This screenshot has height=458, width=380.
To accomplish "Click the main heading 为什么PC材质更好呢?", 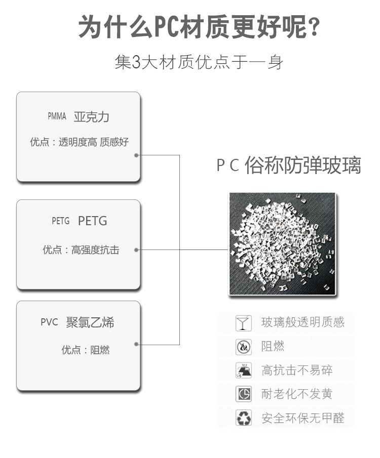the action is coord(199,27).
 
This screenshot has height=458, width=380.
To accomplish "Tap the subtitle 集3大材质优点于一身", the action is coord(199,62).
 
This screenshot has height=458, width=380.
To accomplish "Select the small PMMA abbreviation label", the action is coord(57,116).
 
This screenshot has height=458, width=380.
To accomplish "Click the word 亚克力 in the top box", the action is coord(91,117).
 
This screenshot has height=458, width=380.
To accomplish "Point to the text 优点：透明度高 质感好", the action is coord(79,142).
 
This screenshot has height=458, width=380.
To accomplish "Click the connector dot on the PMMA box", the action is coord(136,155).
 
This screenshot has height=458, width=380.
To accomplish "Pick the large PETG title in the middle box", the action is coord(92,221).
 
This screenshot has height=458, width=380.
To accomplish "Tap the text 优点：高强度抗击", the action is coord(81,249).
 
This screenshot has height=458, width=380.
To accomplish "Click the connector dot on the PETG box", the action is coord(136,250).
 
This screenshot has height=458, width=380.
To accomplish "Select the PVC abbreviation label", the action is coord(50,322).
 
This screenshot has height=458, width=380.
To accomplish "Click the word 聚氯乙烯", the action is coord(90,322).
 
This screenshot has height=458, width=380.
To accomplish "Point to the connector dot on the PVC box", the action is coord(136,344).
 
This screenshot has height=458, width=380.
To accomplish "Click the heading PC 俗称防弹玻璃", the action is coord(289,165).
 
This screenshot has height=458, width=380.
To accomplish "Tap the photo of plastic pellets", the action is coord(282,244).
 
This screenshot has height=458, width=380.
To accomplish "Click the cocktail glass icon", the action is coord(243,323).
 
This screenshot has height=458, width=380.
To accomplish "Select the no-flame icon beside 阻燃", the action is coord(243,347).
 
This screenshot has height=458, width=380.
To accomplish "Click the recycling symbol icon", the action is coord(243,418).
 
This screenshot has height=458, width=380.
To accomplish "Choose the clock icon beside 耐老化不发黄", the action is coord(243,394).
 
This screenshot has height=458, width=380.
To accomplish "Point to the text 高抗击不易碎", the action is coord(297,370).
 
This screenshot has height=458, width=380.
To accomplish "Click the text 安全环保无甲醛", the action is coord(303,418).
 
